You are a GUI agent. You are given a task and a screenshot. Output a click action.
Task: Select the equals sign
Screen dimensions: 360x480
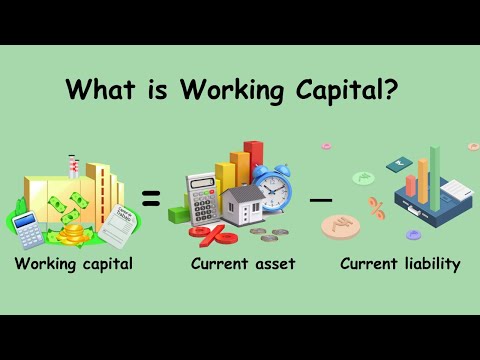[x=151, y=201]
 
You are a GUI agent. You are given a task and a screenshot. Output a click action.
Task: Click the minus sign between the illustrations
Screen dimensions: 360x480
[x=320, y=199]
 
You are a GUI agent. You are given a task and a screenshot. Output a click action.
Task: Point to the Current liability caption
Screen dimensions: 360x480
[x=400, y=265]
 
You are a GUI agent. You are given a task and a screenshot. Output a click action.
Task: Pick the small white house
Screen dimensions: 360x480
[x=241, y=206]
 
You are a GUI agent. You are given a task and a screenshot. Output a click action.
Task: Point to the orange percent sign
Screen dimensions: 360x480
[x=377, y=208]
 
